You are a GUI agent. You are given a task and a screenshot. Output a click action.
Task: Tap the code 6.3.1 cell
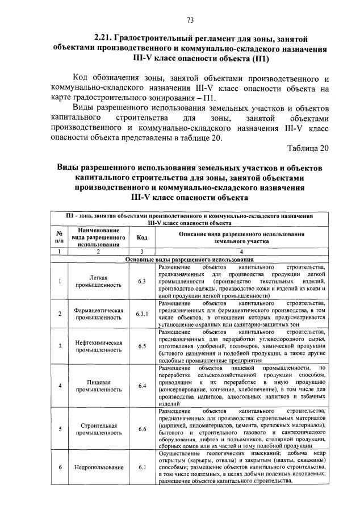click(142, 314)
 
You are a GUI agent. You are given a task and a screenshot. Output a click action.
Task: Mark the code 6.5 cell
click(142, 346)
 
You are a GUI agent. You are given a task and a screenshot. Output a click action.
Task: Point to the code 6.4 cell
click(142, 386)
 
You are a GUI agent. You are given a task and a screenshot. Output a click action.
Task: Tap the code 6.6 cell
click(142, 429)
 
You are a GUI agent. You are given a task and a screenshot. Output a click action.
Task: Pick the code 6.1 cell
click(142, 467)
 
